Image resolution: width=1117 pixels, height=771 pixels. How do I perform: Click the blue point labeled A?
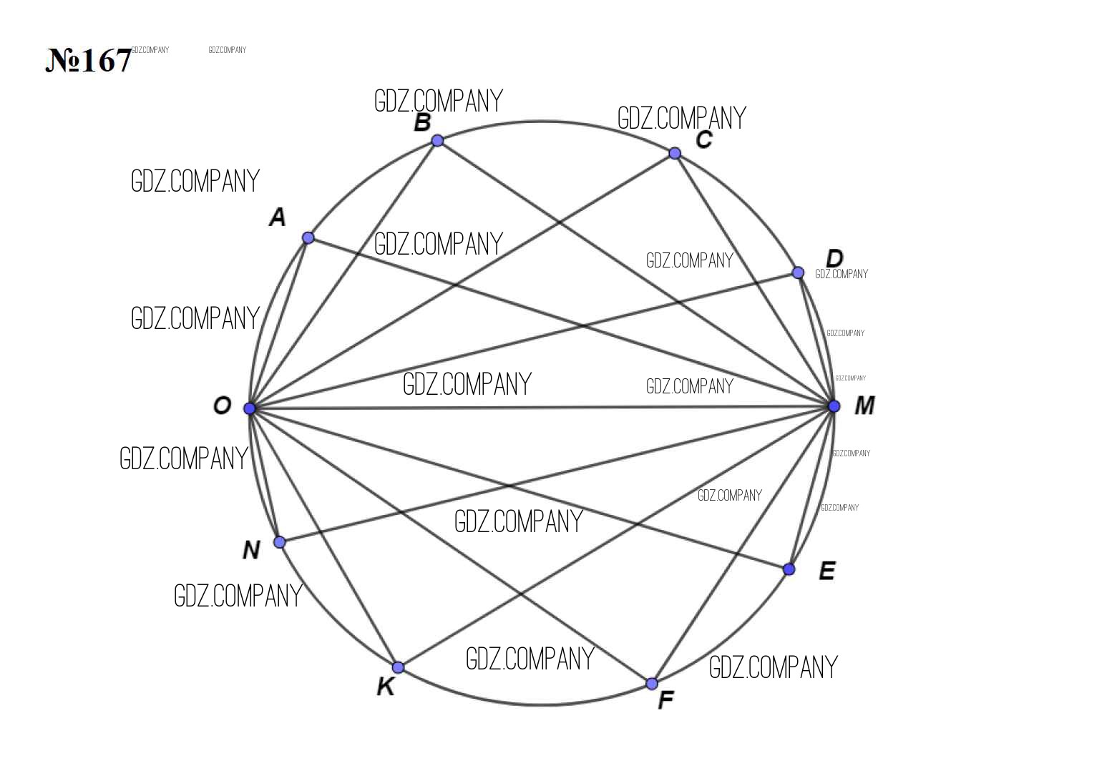click(x=308, y=237)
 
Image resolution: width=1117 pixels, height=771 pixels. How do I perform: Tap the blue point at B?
click(x=437, y=141)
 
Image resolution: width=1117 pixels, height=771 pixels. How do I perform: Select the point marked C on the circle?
click(x=674, y=153)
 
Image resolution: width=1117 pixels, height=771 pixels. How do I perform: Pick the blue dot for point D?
click(x=798, y=272)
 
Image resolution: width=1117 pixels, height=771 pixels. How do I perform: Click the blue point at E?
click(x=789, y=569)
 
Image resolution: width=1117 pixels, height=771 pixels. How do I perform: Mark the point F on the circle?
click(x=652, y=683)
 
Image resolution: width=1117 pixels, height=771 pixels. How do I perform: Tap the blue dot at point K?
click(x=398, y=667)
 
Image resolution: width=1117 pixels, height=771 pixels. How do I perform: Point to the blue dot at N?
click(x=280, y=542)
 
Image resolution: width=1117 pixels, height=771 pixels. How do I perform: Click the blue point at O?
click(x=249, y=408)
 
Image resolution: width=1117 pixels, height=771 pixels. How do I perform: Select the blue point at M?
click(x=834, y=406)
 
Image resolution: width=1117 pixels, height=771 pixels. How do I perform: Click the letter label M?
click(x=864, y=406)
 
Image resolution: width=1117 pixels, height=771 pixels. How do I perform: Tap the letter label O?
click(x=223, y=406)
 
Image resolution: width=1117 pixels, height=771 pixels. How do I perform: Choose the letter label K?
click(x=386, y=687)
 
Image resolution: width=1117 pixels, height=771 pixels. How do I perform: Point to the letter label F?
click(x=666, y=700)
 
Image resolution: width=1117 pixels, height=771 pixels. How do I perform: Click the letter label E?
click(x=827, y=571)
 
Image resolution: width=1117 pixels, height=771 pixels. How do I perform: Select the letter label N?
click(x=251, y=550)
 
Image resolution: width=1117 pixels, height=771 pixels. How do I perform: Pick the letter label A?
click(x=278, y=217)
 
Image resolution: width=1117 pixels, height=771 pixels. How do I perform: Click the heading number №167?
click(x=88, y=60)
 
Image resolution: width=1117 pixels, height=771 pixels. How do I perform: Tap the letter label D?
click(x=834, y=259)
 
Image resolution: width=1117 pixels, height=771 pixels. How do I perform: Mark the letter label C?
click(x=704, y=139)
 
